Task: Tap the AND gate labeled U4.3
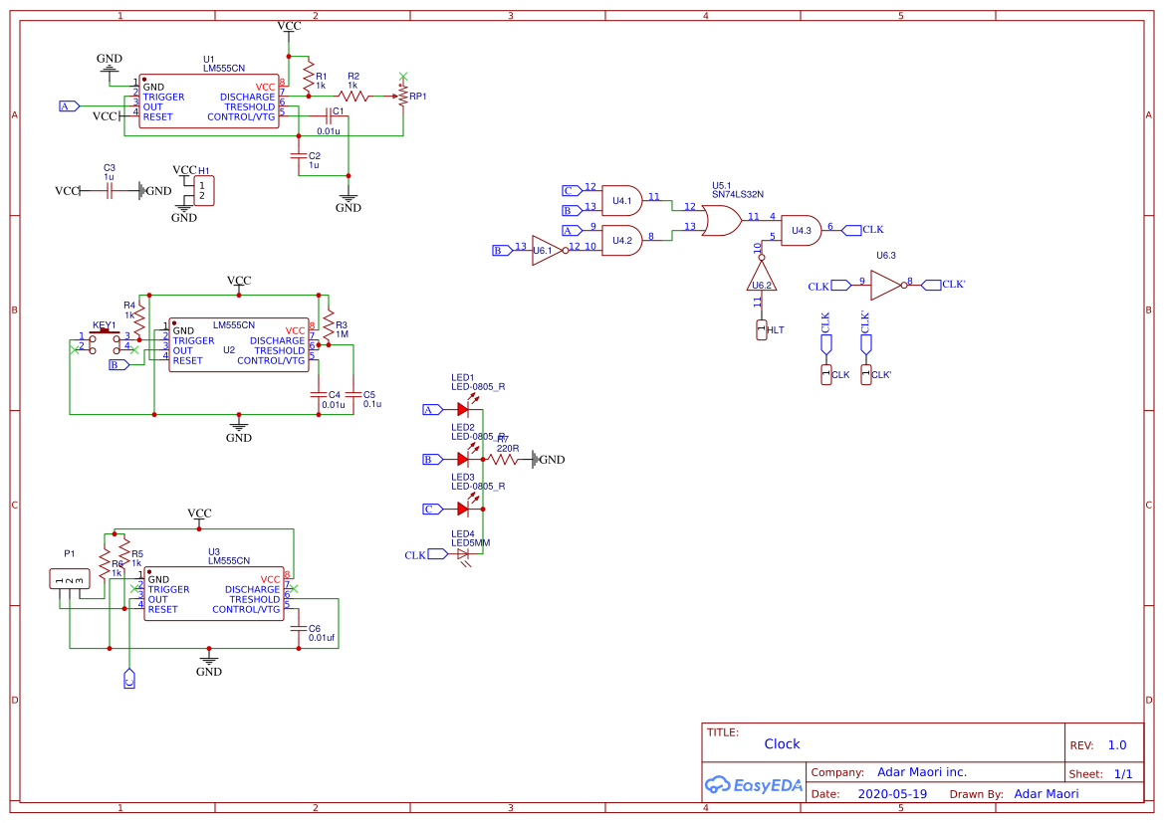pos(802,231)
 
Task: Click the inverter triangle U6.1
pos(545,251)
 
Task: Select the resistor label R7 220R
pos(506,444)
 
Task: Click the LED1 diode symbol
pos(463,408)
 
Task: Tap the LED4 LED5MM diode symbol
pos(463,554)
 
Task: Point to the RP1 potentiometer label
pos(417,97)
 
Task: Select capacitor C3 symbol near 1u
pos(111,190)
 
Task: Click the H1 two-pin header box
pos(203,191)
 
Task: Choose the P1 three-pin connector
pos(70,579)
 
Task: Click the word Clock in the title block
pos(782,743)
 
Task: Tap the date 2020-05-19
pos(892,794)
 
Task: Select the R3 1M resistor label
pos(342,329)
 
